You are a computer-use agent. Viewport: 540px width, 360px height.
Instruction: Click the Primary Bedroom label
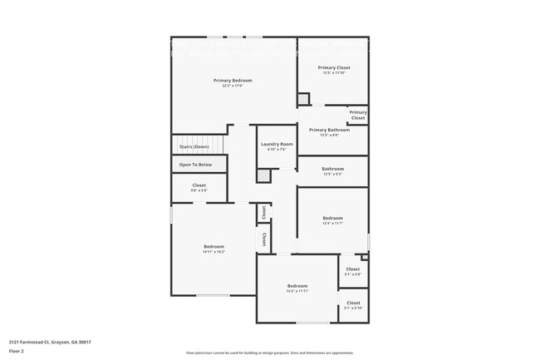[x=232, y=81]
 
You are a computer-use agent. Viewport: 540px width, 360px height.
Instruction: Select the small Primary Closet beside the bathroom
[x=358, y=115]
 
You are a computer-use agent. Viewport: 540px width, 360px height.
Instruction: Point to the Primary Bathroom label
[x=329, y=131]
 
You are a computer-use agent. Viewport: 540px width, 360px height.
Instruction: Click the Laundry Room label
[x=277, y=145]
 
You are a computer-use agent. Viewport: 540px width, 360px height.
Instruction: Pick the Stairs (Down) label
[x=194, y=147]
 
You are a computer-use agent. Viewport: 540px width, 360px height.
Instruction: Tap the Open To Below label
[x=195, y=165]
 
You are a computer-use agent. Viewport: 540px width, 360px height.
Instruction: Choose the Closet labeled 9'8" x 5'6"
[x=199, y=187]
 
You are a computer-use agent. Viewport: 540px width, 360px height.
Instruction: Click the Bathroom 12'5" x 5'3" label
[x=332, y=170]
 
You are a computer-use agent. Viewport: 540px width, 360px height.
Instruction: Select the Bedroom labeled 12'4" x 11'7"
[x=332, y=219]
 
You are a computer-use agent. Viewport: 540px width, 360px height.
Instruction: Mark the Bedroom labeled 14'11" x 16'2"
[x=214, y=248]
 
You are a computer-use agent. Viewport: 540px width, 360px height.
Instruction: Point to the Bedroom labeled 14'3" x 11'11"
[x=297, y=288]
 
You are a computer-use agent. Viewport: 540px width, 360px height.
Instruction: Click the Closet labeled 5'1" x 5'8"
[x=353, y=270]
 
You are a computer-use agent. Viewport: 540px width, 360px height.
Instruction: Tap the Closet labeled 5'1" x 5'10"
[x=353, y=304]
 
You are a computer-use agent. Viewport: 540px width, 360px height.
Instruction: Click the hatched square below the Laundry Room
[x=263, y=175]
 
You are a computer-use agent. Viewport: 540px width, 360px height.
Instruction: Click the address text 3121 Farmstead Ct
[x=50, y=342]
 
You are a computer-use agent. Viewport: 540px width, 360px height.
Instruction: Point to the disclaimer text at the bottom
[x=269, y=353]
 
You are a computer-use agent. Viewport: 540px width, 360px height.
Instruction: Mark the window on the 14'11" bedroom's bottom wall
[x=213, y=296]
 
